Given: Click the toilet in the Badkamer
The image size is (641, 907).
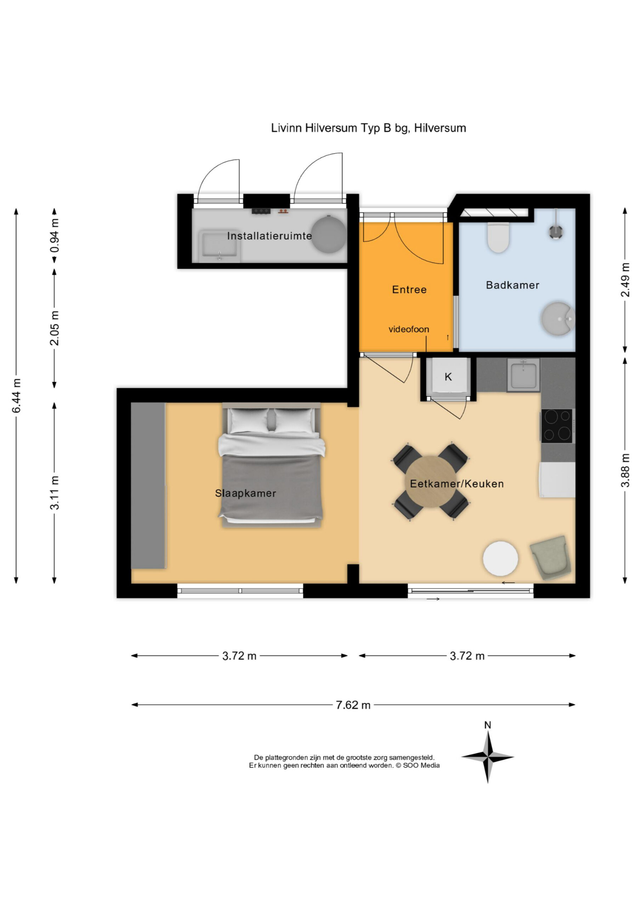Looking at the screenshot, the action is (498, 237).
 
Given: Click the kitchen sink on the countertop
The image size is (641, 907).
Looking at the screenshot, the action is (523, 375).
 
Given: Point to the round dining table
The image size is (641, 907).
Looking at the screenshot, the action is (431, 481).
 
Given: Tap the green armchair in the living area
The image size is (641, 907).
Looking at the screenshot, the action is (550, 557).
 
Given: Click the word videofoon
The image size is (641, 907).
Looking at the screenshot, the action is (409, 329).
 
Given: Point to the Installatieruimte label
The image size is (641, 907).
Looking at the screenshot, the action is (270, 236).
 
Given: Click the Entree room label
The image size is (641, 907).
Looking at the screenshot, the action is (409, 289).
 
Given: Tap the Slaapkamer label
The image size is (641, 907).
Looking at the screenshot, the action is (245, 493).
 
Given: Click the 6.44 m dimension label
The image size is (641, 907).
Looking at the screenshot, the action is (16, 395).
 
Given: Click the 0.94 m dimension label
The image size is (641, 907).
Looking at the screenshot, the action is (55, 236).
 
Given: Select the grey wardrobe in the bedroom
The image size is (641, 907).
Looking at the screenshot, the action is (148, 485).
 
